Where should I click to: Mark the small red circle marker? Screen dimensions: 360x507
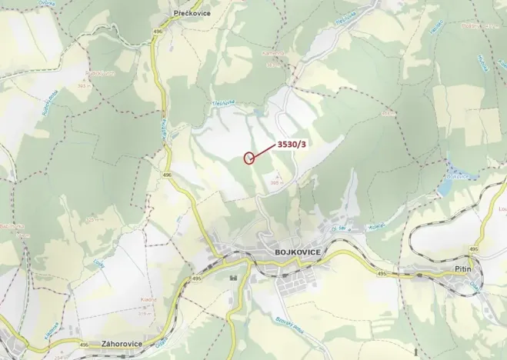point(248,158)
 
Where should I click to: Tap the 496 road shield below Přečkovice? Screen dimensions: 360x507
point(158,31)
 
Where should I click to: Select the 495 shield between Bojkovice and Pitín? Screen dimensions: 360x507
point(382,273)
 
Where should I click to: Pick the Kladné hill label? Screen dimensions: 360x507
point(148,299)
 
